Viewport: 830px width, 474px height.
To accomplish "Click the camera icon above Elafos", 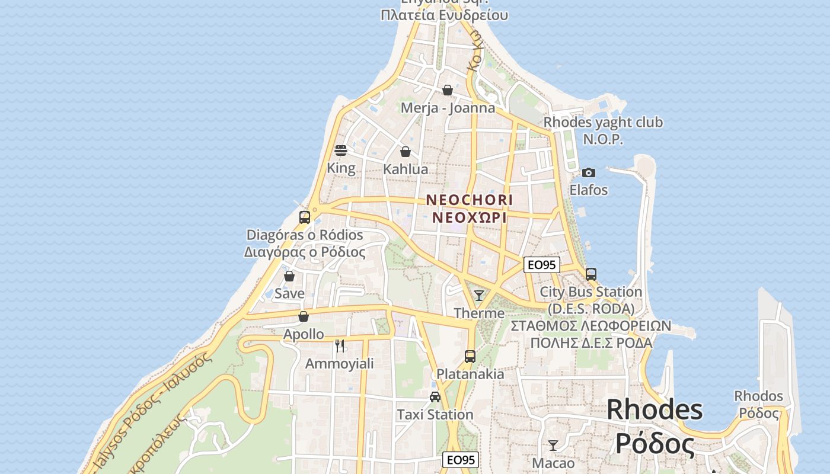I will coord(588,172).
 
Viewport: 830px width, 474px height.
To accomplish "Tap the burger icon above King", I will coord(341,150).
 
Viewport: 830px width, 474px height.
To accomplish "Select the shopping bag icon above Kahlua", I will coord(406,152).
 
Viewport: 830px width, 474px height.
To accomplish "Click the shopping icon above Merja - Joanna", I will coord(448,90).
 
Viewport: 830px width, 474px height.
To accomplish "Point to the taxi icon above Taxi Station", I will coord(435,396).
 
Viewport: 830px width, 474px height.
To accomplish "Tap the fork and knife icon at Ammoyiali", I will coord(340,345).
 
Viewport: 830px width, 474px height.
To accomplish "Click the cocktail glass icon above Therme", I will coord(479,295).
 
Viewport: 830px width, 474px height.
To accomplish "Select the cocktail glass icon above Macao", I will coord(553,445).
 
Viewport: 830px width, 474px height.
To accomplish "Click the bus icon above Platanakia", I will coord(470,356).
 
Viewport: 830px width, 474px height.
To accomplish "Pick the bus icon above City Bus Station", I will coord(591,274).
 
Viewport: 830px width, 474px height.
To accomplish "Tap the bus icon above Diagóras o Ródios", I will coord(305,217).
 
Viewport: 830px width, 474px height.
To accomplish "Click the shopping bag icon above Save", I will coord(289,276).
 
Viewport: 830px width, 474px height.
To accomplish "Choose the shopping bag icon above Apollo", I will coord(304,316).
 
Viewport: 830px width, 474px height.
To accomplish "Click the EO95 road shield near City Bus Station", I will coord(542,265).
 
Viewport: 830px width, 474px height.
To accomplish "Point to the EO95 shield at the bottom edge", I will coord(461,460).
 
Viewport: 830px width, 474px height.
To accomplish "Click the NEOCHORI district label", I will coord(470,200).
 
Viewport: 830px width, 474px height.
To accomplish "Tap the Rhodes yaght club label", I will coord(603,123).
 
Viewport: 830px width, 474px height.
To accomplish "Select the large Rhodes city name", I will coord(655,410).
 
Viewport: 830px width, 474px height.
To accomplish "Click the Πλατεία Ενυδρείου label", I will coord(444,15).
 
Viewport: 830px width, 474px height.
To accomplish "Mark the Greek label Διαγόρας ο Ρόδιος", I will coord(305,252).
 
